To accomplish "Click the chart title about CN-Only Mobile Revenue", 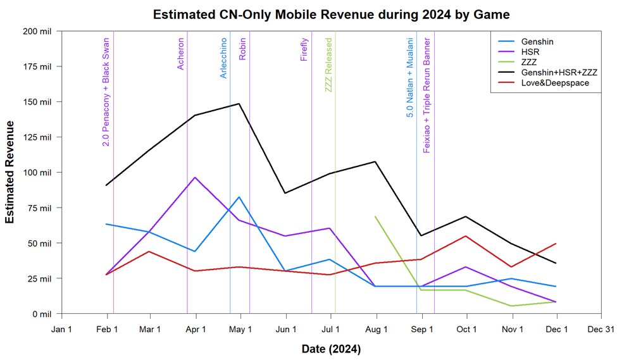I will tap(331, 14).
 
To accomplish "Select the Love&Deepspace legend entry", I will tap(555, 83).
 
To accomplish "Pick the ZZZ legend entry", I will tap(530, 63).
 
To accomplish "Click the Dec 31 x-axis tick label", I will tap(601, 329).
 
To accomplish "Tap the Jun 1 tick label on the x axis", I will tap(286, 329).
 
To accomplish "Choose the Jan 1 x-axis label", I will tap(61, 329).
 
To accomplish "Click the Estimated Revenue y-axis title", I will tap(10, 172).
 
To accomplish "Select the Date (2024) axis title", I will tap(331, 349).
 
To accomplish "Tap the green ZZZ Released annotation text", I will tap(328, 65).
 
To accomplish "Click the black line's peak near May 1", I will tap(239, 104).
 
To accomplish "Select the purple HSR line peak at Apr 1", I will tap(195, 177).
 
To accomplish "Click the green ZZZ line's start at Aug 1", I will tap(376, 216).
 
